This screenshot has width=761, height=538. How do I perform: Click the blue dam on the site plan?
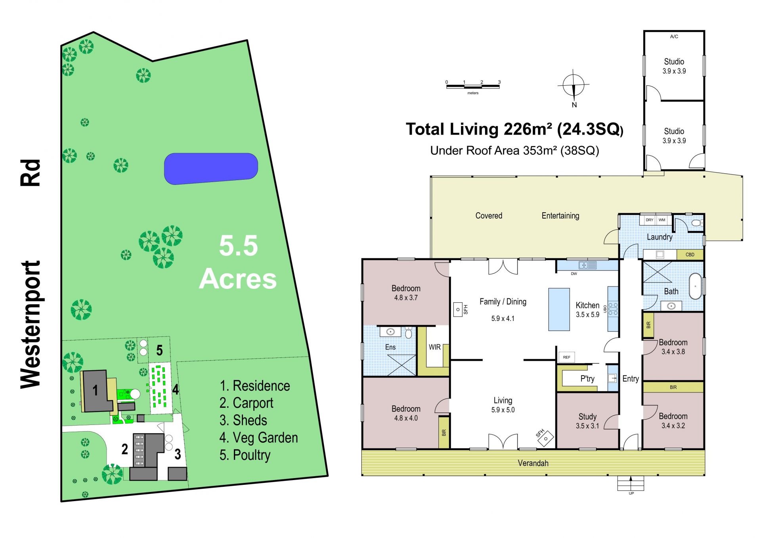(211, 169)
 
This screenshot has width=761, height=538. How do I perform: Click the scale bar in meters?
(473, 85)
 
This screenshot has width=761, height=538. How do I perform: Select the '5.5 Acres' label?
(238, 262)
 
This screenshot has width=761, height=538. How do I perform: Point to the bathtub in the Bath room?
(695, 286)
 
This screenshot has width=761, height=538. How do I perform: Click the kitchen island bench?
(559, 309)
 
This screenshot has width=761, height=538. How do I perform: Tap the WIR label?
(434, 347)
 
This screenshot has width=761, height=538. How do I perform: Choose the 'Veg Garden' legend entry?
(258, 438)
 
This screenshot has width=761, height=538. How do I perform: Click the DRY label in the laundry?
(649, 220)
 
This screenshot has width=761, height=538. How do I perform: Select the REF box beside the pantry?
(566, 357)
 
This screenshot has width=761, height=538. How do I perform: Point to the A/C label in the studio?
(674, 37)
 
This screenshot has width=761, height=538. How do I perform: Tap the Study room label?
(587, 417)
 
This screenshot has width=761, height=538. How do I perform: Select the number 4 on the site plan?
(175, 389)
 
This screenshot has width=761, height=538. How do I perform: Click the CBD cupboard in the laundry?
(690, 255)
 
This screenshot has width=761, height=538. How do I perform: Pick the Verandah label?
(533, 463)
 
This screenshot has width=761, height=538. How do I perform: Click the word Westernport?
(31, 325)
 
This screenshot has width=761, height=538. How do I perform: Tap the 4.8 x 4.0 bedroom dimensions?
(406, 418)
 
